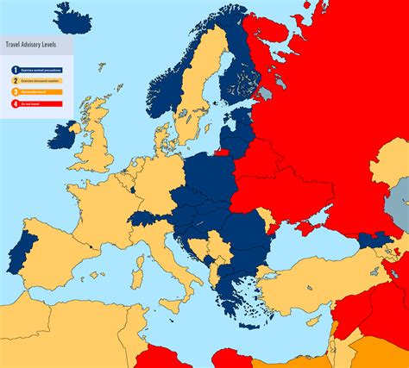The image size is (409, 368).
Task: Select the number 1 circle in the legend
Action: point(15,69)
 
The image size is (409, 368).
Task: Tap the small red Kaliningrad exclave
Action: point(222,154)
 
